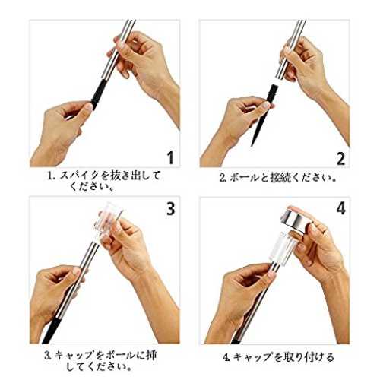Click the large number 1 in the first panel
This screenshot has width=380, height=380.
point(171,157)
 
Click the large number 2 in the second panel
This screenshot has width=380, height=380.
point(340,159)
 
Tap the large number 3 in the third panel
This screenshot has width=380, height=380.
point(171,209)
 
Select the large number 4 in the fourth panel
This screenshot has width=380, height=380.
point(341,209)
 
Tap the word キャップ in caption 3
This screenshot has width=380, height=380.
point(74,356)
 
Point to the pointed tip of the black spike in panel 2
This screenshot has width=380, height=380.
point(252,146)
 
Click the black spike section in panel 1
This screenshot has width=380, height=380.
point(97,93)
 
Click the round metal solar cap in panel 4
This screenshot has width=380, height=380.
point(297,219)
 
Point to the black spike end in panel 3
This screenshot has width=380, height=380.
point(51,331)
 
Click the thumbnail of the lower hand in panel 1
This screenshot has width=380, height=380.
point(89,106)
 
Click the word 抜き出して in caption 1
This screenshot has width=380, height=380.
point(136,176)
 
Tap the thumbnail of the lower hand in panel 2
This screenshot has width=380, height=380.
point(266,105)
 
